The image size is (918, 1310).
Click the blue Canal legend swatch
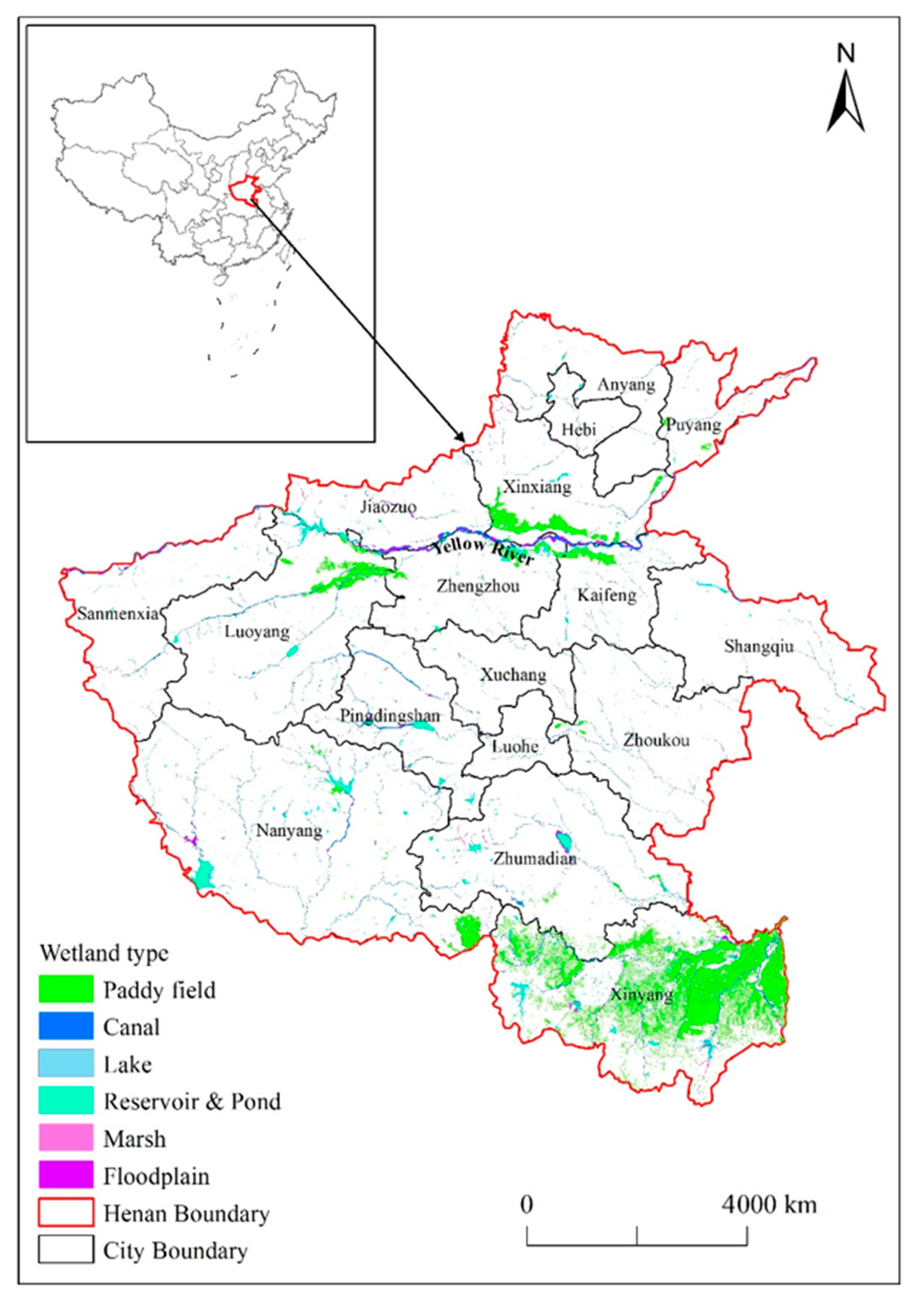pyautogui.click(x=66, y=1027)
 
